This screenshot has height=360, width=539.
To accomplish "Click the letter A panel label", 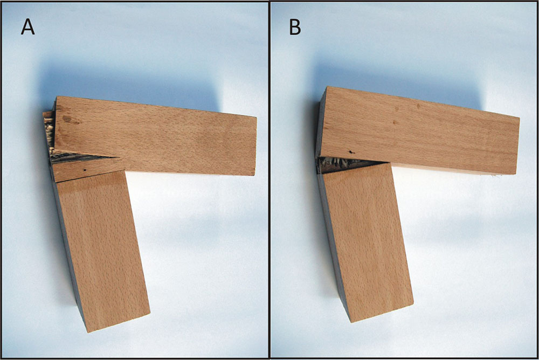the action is tap(28, 26).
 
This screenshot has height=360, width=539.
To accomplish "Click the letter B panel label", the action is tap(295, 26).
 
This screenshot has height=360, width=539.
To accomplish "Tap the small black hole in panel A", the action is tap(85, 170).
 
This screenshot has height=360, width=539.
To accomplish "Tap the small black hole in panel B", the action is tap(350, 151).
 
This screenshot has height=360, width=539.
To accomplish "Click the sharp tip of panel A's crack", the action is tap(116, 157).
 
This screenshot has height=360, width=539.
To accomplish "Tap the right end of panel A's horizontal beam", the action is tap(255, 146).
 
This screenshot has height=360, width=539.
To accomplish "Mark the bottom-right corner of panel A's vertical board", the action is tap(150, 312).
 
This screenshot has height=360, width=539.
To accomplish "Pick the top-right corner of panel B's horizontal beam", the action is tap(519, 118).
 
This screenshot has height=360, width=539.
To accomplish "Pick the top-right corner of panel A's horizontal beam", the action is tap(257, 117).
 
